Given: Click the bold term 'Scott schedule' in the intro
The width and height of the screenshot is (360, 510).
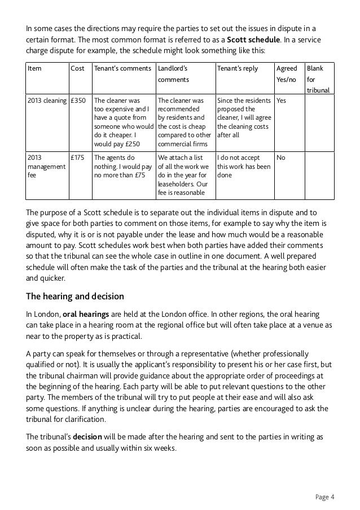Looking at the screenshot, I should pyautogui.click(x=252, y=41).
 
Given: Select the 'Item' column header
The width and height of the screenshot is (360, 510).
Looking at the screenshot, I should pyautogui.click(x=35, y=68).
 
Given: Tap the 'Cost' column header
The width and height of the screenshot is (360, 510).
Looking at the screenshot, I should pyautogui.click(x=77, y=68).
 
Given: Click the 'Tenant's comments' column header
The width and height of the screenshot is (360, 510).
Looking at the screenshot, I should pyautogui.click(x=122, y=68).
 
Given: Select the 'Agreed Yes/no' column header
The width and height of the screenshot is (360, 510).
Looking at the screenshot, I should pyautogui.click(x=286, y=74).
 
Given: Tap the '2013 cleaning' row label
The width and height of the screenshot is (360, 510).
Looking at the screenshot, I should pyautogui.click(x=46, y=101).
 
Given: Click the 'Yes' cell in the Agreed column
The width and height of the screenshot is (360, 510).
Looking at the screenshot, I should pyautogui.click(x=281, y=101).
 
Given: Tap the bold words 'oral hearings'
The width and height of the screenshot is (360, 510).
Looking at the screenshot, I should pyautogui.click(x=86, y=313).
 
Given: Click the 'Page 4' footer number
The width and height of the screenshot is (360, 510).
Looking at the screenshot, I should pyautogui.click(x=324, y=497).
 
